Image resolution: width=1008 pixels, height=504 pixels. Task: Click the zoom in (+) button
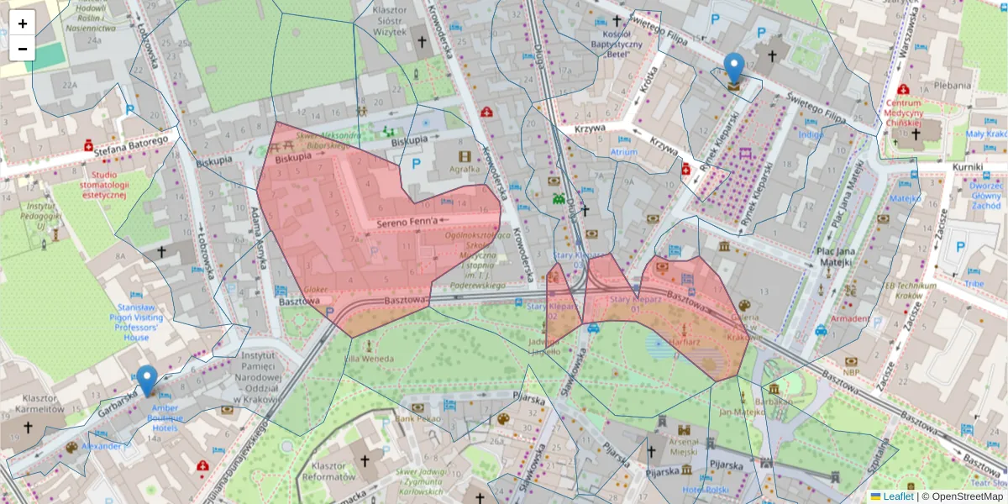pos(23,24)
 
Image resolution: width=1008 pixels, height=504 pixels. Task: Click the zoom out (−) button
pos(23,49)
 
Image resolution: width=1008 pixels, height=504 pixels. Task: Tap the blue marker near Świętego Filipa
pos(734,69)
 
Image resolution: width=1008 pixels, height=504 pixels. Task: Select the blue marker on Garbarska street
pos(147,381)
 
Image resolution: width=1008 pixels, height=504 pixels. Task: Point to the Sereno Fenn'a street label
pos(407,222)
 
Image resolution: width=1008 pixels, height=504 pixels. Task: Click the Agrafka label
pos(464,169)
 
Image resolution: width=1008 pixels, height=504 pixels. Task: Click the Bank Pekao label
pos(418,417)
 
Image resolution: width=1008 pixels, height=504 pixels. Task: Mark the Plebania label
pos(952,85)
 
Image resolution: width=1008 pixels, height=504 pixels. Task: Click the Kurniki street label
pos(968,167)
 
